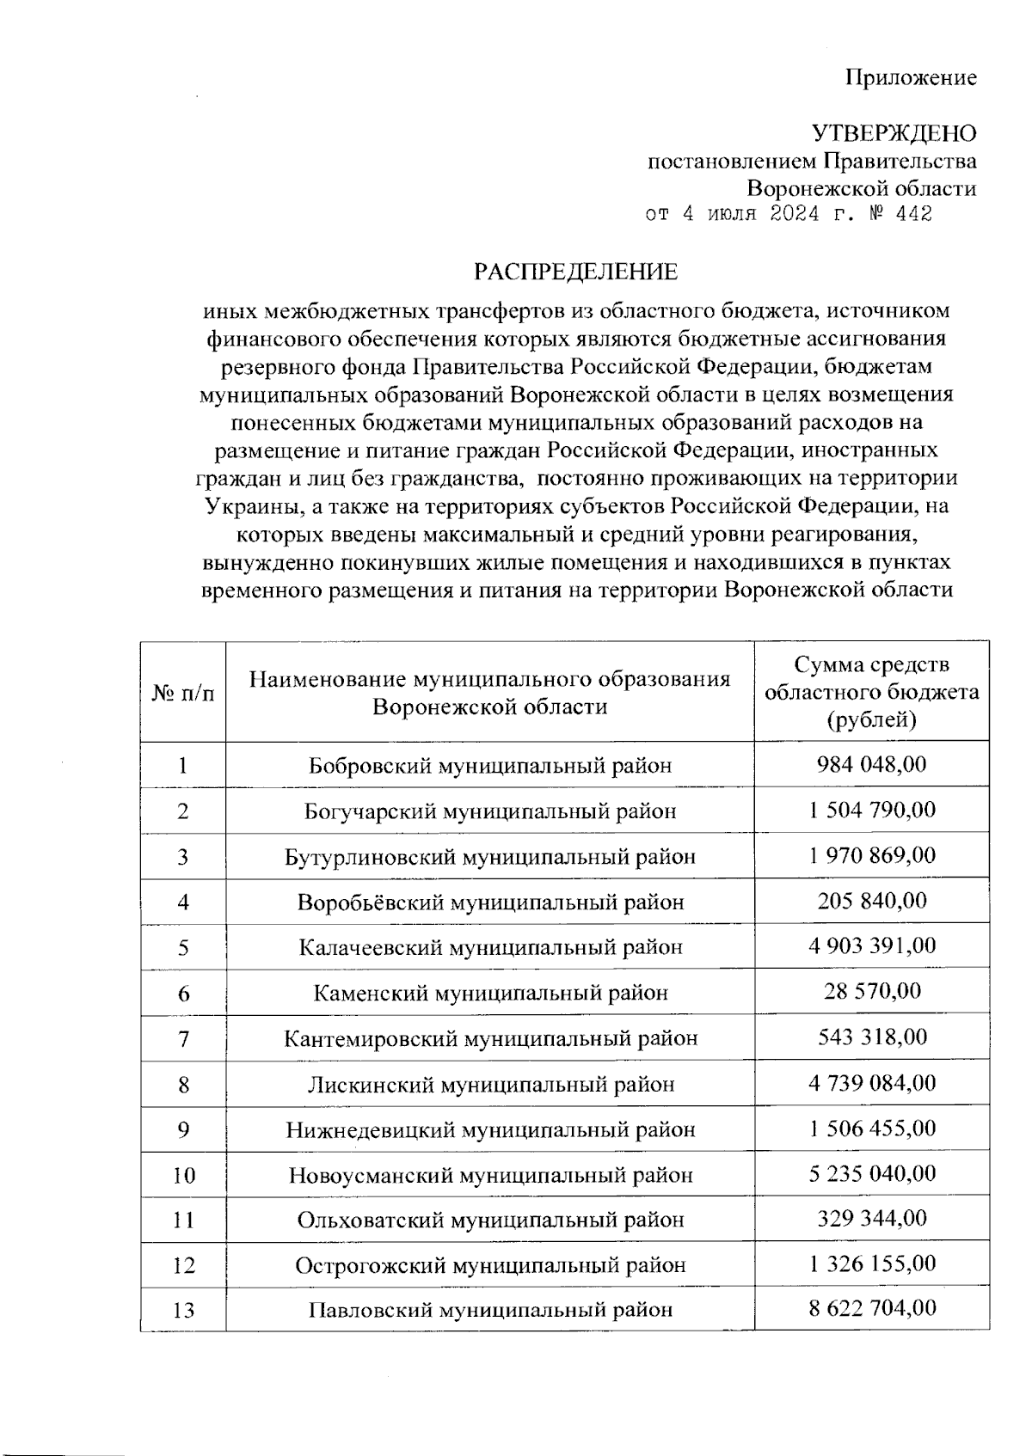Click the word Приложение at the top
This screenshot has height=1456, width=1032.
(912, 78)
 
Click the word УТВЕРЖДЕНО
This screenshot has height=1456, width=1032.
(894, 133)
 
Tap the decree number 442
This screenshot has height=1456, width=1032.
(912, 214)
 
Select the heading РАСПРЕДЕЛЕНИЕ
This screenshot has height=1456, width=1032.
(576, 272)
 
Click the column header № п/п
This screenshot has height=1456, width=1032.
(183, 693)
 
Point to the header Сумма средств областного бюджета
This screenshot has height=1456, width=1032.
(871, 692)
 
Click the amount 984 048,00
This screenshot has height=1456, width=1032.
(871, 764)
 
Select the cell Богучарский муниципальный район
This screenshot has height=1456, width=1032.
(490, 811)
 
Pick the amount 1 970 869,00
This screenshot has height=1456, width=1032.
(871, 855)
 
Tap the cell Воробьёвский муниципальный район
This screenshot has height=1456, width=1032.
(490, 902)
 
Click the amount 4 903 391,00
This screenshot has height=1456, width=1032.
(871, 945)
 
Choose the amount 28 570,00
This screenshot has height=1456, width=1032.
(871, 991)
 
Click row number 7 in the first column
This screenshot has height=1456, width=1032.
(183, 1038)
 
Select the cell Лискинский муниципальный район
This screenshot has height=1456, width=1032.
(490, 1084)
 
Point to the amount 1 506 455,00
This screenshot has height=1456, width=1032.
(871, 1128)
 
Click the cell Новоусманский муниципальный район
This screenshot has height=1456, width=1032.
(490, 1174)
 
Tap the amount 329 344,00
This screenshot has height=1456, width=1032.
(871, 1218)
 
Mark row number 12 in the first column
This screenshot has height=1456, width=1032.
(183, 1265)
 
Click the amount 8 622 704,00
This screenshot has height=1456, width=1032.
(871, 1308)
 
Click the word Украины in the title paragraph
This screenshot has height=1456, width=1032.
(250, 506)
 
